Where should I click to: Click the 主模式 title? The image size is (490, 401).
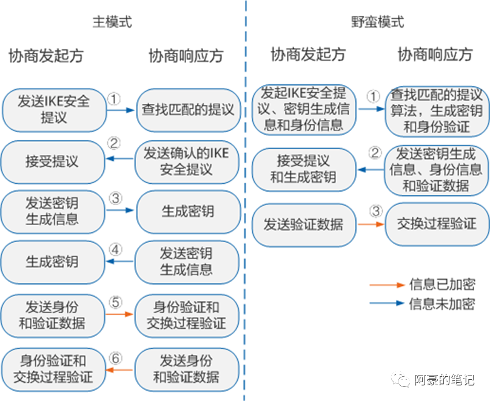click(x=112, y=22)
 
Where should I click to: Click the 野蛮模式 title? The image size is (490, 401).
click(x=377, y=22)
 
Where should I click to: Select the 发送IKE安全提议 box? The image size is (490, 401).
click(x=53, y=109)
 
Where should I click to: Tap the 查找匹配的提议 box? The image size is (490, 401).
click(x=187, y=110)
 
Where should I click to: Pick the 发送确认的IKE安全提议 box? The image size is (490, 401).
click(x=186, y=161)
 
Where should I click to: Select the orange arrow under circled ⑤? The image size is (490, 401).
click(x=120, y=314)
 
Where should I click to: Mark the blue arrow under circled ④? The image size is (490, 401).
click(x=120, y=262)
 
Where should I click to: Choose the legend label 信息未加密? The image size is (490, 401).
click(x=441, y=304)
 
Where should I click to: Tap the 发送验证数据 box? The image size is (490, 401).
click(x=304, y=224)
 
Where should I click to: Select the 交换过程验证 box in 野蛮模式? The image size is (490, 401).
click(x=437, y=224)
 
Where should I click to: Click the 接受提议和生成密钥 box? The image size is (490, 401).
click(x=304, y=169)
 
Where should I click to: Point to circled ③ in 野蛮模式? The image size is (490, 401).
click(x=376, y=211)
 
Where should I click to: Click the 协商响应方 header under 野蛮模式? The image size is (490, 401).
click(x=434, y=55)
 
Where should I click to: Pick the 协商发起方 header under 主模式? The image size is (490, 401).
click(x=46, y=56)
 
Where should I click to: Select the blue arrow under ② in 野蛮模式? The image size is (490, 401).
click(x=370, y=170)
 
